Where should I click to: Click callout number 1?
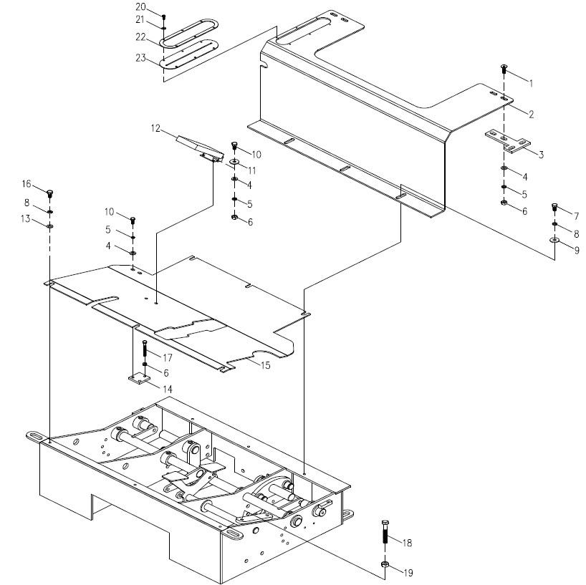(x=531, y=83)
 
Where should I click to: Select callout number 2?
(x=532, y=114)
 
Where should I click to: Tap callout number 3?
(x=541, y=154)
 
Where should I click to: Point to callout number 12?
(x=155, y=129)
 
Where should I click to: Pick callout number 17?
(x=168, y=357)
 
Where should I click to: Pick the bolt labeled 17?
(x=145, y=352)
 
